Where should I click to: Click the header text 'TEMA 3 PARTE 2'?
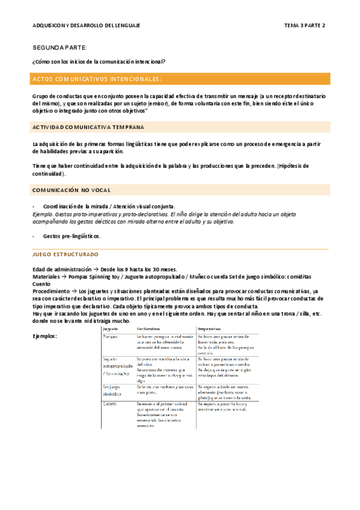click(304, 26)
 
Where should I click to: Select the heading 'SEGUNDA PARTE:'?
click(59, 47)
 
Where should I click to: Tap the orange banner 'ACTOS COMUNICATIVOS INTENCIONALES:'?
click(97, 79)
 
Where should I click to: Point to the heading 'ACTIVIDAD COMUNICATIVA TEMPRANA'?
click(88, 127)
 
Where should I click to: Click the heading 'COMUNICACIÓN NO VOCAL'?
click(71, 190)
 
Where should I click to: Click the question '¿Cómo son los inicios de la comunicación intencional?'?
click(99, 61)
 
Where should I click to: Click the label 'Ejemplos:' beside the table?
click(44, 336)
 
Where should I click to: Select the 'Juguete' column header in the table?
click(110, 329)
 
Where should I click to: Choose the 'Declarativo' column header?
click(148, 329)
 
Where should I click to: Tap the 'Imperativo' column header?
click(210, 329)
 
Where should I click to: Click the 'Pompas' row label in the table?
click(110, 337)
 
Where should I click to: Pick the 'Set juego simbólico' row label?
click(113, 390)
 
